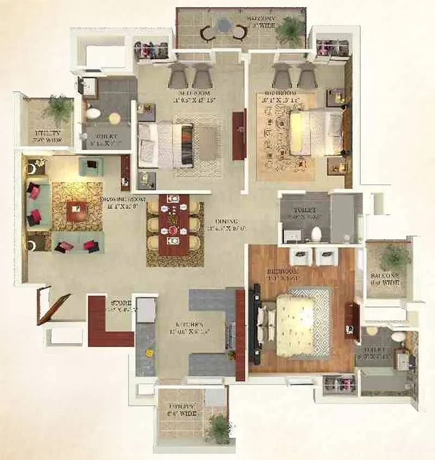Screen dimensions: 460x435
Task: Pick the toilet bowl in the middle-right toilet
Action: click(x=316, y=234)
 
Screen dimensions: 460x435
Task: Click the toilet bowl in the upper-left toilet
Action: click(x=94, y=114)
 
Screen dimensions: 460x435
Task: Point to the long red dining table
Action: click(x=175, y=224)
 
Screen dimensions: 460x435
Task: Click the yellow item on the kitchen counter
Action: click(x=146, y=352)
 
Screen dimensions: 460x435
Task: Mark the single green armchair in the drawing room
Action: click(x=90, y=165)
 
